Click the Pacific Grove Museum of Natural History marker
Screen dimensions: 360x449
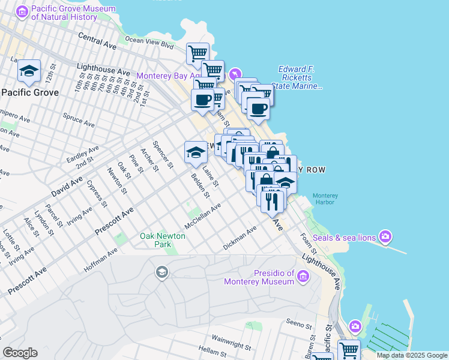pos(22,12)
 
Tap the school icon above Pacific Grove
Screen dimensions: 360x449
pos(29,72)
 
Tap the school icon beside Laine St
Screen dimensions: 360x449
pos(196,152)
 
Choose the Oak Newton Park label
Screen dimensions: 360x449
pos(163,240)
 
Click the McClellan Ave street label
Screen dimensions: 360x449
pos(203,214)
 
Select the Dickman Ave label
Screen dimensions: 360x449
pos(240,238)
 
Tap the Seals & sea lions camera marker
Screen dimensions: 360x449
pos(385,237)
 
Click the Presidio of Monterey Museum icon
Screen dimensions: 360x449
pos(304,276)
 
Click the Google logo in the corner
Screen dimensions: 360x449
pos(20,353)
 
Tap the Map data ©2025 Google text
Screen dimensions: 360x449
pos(411,355)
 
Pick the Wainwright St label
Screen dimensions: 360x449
pos(231,342)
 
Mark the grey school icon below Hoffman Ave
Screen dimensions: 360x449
pos(161,273)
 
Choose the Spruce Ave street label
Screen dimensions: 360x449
pos(79,120)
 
